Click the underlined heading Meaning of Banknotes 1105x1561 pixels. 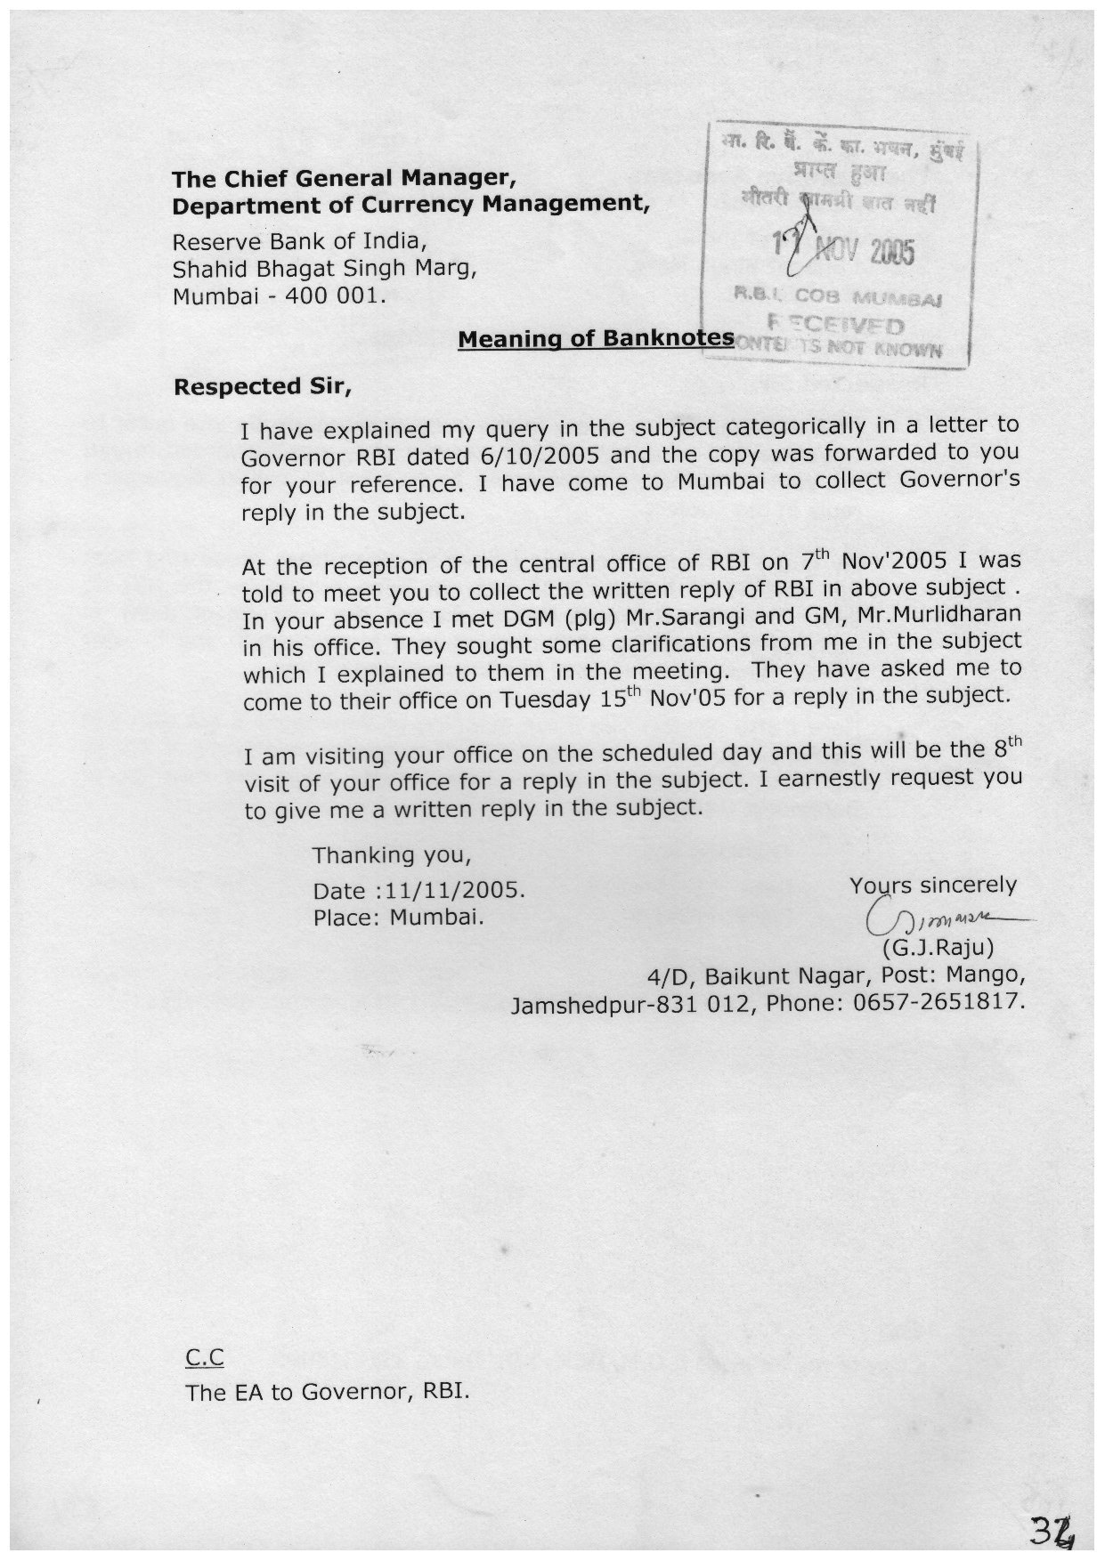[596, 339]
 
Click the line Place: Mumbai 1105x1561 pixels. [398, 917]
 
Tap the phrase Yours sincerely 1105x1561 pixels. [932, 886]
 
